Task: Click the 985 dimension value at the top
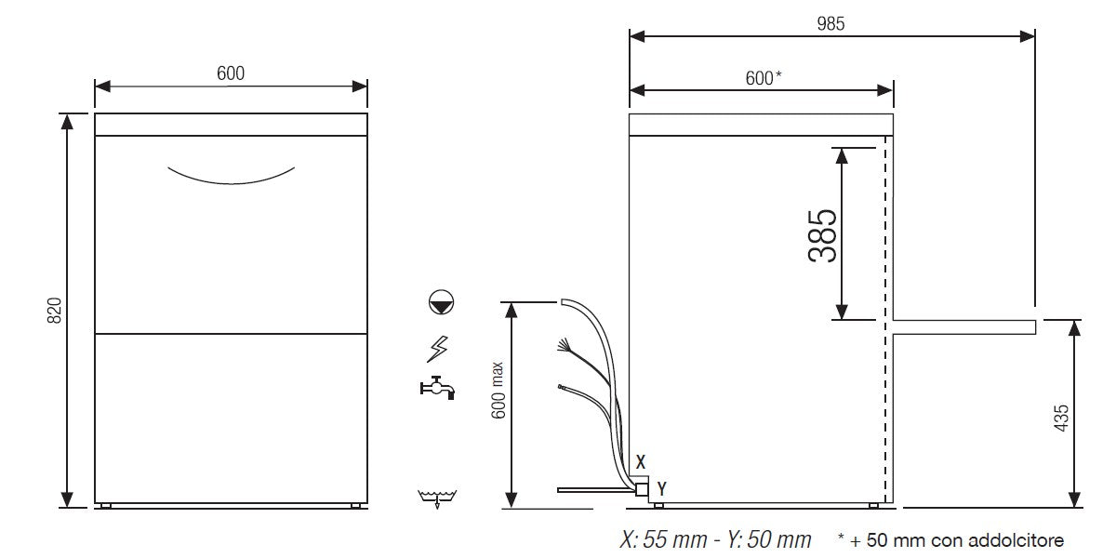[831, 24]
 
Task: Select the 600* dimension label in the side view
[763, 78]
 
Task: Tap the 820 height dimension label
[54, 311]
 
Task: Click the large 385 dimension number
[824, 234]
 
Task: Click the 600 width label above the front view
[231, 74]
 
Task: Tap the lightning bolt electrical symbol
[436, 348]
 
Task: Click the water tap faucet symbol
[436, 387]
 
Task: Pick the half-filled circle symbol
[439, 301]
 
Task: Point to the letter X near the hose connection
[640, 461]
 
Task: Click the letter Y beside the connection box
[661, 487]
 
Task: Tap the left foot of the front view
[106, 506]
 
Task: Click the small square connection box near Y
[641, 487]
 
